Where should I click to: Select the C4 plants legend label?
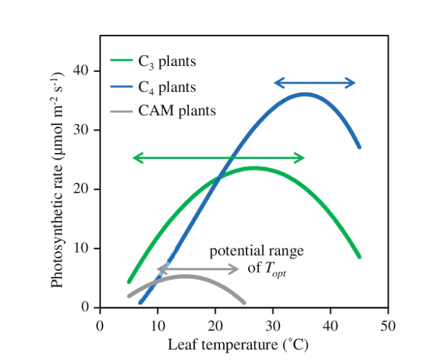coord(163,87)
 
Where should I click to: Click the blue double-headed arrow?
coord(315,83)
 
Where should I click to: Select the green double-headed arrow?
coord(218,158)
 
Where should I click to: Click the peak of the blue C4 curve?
coord(305,94)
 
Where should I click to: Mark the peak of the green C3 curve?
coord(254,168)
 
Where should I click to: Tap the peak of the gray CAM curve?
coord(185,277)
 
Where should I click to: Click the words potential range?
coord(257,251)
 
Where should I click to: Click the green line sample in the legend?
coord(121,61)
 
